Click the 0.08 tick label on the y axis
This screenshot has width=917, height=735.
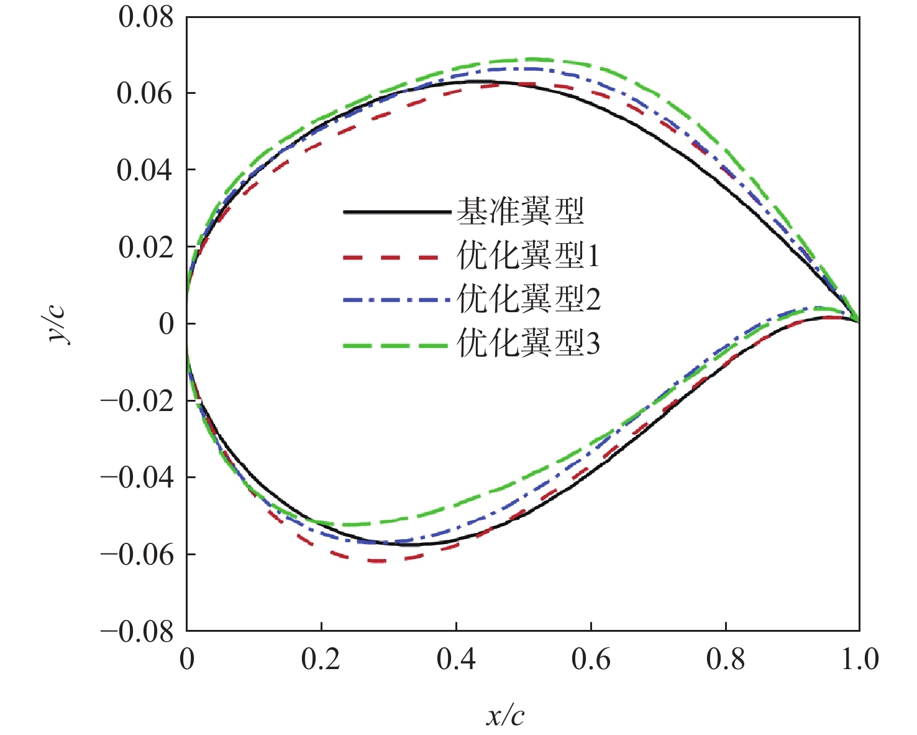(146, 17)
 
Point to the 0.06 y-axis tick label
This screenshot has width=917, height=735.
(146, 94)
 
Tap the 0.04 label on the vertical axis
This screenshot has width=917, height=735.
(146, 170)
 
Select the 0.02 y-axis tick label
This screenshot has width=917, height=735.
(146, 247)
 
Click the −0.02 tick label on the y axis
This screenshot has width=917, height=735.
(137, 401)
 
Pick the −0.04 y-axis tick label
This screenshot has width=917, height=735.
(137, 478)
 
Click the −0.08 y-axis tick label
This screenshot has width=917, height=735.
(137, 632)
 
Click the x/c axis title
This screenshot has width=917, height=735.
(505, 716)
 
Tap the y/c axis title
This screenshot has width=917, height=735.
(60, 323)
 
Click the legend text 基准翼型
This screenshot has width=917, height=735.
(521, 211)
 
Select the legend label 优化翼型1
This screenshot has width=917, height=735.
(529, 256)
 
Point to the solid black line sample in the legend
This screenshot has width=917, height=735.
(396, 213)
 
